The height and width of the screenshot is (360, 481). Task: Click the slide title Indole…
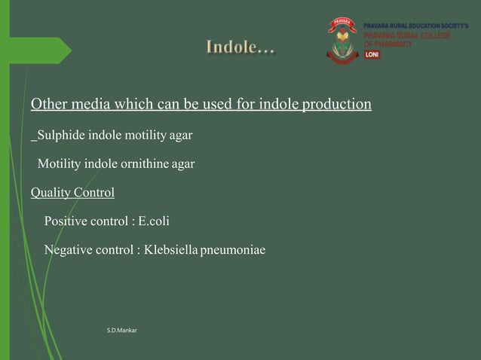click(x=240, y=49)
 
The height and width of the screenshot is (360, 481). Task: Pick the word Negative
click(x=70, y=250)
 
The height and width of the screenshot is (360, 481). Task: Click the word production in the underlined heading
click(x=336, y=103)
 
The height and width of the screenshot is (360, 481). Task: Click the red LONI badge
click(x=372, y=55)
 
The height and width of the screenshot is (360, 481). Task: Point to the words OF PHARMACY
click(x=388, y=44)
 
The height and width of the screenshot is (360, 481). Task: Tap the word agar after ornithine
click(x=182, y=163)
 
